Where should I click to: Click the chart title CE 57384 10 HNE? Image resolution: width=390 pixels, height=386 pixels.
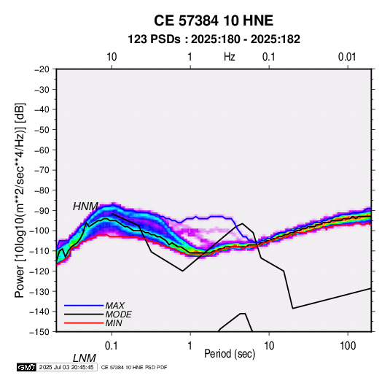(x=214, y=20)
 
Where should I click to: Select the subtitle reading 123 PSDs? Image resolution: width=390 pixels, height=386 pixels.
(x=154, y=39)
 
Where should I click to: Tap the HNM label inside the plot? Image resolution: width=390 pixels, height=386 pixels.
(x=85, y=206)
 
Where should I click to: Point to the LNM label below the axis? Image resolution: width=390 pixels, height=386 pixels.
(x=85, y=358)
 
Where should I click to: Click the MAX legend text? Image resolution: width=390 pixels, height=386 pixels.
(x=115, y=305)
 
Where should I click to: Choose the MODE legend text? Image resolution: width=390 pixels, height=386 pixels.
(x=118, y=314)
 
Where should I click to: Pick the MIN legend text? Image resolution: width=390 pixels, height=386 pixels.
(x=114, y=323)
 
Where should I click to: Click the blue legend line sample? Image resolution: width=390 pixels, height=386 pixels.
(x=84, y=306)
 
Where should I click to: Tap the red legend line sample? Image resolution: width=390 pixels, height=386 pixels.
(x=84, y=323)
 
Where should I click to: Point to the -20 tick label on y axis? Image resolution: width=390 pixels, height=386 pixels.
(x=42, y=69)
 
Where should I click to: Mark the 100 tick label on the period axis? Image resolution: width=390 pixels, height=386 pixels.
(x=348, y=346)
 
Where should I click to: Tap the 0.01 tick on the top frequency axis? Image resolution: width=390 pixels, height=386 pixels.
(x=347, y=57)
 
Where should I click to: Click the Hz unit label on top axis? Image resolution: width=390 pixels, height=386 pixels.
(x=230, y=57)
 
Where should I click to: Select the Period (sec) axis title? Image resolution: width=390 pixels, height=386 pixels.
(x=230, y=354)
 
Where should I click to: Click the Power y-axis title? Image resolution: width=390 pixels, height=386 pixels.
(x=20, y=201)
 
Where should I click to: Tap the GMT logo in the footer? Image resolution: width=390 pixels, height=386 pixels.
(x=27, y=367)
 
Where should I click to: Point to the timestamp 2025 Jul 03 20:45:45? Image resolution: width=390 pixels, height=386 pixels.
(x=66, y=367)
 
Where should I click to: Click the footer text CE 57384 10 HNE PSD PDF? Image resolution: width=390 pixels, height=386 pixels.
(x=134, y=367)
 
